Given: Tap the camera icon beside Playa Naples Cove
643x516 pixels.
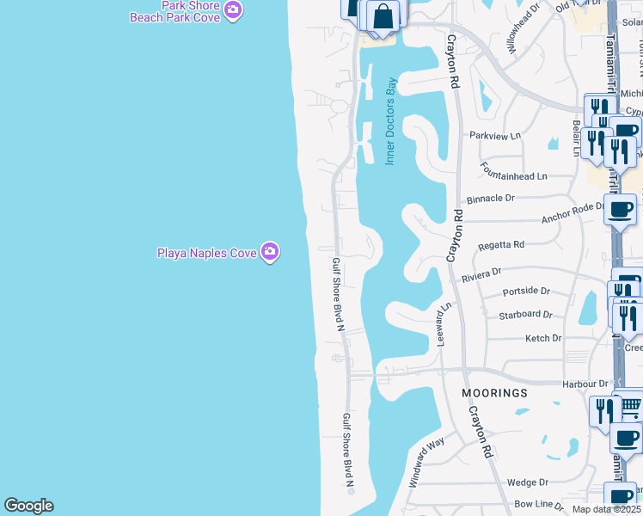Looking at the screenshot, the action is [271, 251].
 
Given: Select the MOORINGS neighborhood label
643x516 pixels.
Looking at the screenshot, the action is [494, 393].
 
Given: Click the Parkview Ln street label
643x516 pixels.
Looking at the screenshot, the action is [495, 136].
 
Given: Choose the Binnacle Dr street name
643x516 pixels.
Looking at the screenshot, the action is [492, 198].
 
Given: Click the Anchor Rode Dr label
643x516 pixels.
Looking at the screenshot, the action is [573, 212].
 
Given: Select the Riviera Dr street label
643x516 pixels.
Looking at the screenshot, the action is [481, 274].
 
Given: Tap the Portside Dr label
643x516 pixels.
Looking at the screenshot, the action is [524, 292].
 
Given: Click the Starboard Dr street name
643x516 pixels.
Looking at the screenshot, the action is [525, 315].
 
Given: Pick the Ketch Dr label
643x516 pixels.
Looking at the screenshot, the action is [542, 339].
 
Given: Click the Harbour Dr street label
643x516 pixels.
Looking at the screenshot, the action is [585, 384].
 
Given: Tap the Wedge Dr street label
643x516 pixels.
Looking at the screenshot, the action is [527, 482].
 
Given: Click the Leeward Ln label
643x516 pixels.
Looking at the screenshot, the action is [444, 324].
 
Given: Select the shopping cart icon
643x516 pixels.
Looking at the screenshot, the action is [632, 405].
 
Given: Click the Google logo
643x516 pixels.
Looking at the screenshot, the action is [28, 506].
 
